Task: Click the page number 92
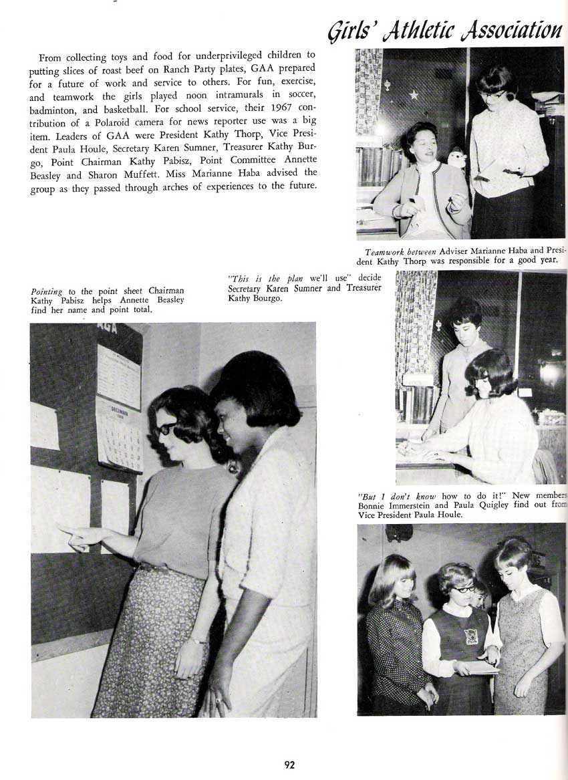coord(289,765)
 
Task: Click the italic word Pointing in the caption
coord(46,291)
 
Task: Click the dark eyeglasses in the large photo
coord(164,428)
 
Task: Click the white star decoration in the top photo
coord(413,95)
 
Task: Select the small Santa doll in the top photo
coord(456,158)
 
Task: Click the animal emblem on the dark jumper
coord(472,636)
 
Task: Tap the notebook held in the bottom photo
coord(482,667)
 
